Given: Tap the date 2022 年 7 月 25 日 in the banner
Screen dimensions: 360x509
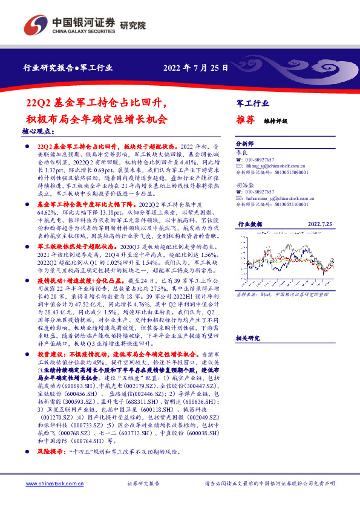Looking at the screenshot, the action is [x=195, y=68].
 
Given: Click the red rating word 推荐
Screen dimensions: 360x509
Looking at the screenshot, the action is [x=245, y=120].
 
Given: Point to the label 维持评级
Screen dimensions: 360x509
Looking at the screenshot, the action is [x=276, y=121].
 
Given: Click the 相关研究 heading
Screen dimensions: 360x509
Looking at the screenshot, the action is [x=247, y=339].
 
